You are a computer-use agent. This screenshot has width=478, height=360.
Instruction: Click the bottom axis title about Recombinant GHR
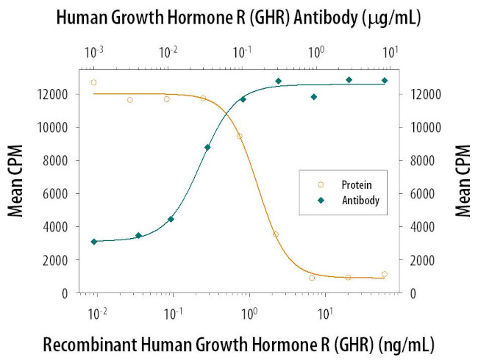pos(238,343)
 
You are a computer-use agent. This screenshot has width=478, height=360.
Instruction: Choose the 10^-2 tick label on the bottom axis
pos(96,314)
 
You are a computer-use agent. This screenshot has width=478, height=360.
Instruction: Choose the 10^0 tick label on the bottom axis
pos(249,314)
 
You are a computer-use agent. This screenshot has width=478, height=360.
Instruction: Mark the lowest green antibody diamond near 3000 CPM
pos(93,242)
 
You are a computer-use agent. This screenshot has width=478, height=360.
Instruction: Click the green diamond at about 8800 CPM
pos(207,147)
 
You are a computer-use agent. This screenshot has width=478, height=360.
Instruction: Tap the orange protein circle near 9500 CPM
pos(239,136)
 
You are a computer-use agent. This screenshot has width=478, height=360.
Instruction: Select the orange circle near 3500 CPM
pos(276,234)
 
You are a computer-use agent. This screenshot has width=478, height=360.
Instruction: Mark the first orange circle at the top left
pos(93,82)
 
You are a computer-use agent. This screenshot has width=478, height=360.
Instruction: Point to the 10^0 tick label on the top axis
pos(317,53)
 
